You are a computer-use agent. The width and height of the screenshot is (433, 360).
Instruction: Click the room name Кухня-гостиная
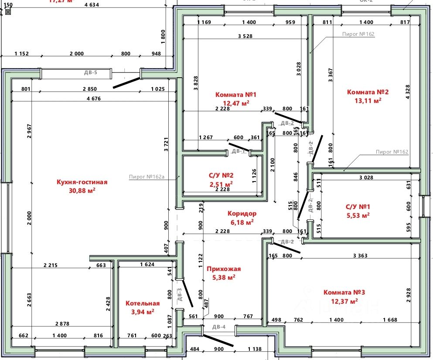pos(82,182)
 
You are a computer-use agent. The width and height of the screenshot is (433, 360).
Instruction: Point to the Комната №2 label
pos(368,92)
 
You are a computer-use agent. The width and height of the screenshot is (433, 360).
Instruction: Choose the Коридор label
pos(242,214)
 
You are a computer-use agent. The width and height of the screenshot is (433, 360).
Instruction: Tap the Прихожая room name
pos(224,269)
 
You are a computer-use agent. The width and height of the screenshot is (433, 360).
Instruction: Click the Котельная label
pos(143,303)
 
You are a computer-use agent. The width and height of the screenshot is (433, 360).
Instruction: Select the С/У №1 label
pos(357,207)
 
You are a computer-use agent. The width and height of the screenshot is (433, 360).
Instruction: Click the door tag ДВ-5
pos(90,73)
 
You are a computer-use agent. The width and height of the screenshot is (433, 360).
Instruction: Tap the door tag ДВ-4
pos(219,327)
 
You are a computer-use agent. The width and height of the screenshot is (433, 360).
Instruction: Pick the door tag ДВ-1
pos(238,151)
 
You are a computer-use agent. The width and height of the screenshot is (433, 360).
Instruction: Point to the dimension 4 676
pos(94,99)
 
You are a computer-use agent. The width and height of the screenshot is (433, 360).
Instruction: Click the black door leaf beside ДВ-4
pos(217,340)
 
